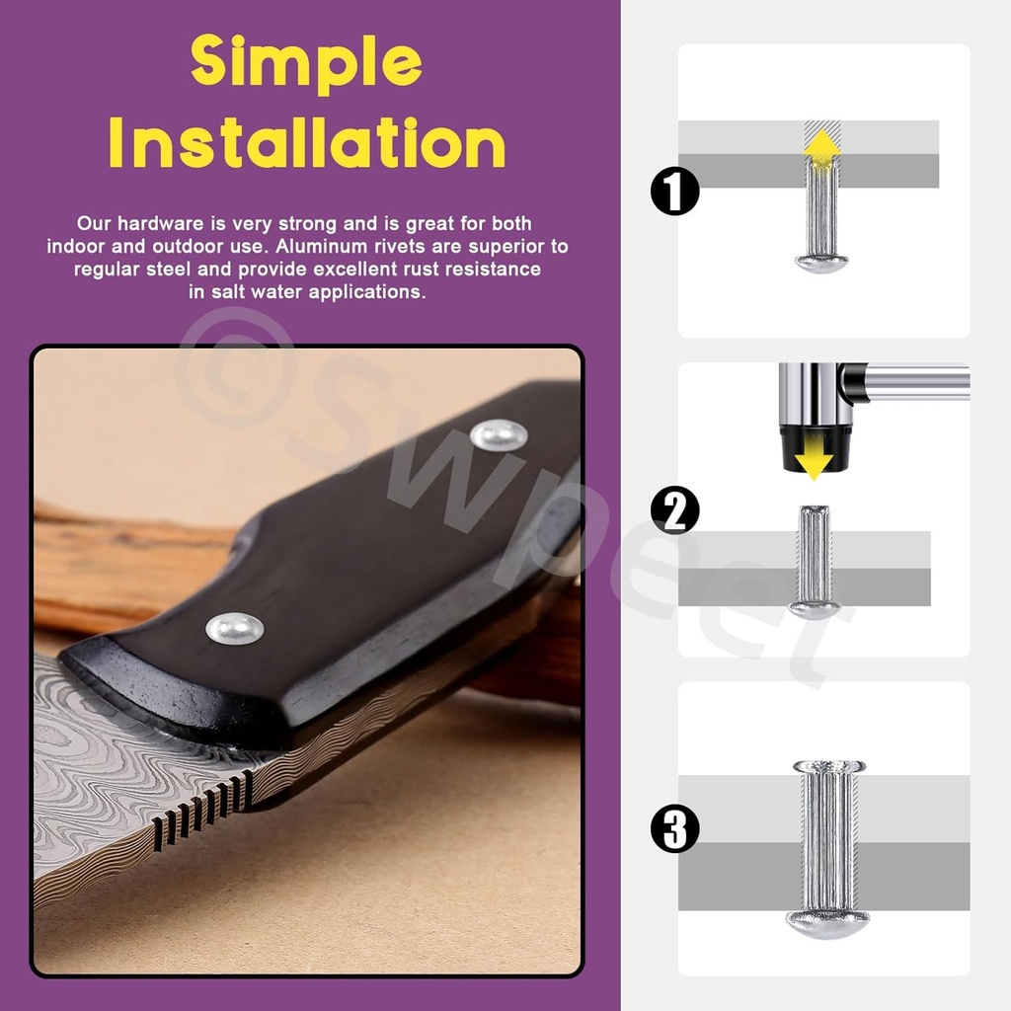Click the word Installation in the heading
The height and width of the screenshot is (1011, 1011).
point(307,142)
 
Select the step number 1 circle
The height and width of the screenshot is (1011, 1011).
point(675,191)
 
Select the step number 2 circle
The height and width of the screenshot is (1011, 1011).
point(675,510)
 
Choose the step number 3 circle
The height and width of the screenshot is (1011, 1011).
point(675,828)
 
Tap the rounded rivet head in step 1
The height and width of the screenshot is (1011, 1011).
point(821,264)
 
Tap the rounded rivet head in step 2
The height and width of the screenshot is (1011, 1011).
point(814,609)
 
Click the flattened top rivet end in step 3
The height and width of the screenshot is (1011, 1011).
point(828,766)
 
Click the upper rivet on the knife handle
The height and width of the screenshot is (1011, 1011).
point(499,435)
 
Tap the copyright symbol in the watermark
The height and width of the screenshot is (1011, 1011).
point(235,367)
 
